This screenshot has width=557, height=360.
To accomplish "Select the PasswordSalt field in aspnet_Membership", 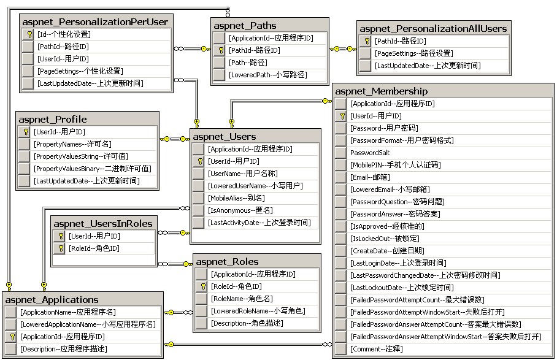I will (x=370, y=153).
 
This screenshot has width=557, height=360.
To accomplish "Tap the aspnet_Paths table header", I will (x=245, y=26).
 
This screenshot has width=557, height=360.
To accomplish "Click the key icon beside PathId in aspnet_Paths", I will (x=219, y=50).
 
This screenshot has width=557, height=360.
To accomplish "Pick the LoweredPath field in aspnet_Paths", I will (x=268, y=75).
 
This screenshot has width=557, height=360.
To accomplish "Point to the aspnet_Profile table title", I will (x=53, y=119).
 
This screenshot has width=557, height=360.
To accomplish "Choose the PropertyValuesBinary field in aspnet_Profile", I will (x=92, y=169).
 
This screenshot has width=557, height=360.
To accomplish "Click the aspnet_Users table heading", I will (x=224, y=136).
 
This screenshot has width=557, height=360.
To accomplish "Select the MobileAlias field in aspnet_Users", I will (x=236, y=198).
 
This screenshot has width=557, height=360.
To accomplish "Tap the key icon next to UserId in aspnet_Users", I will (x=198, y=161).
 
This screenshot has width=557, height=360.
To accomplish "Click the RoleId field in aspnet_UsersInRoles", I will (x=94, y=248).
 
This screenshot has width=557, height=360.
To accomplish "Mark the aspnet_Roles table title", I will (x=227, y=262).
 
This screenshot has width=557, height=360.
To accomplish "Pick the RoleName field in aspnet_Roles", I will (x=241, y=299).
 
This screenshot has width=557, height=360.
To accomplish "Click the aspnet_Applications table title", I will (x=52, y=300).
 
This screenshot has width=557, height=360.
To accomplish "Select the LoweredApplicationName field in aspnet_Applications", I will (x=88, y=324).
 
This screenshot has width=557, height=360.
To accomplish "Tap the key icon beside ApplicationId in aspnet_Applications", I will (x=10, y=337).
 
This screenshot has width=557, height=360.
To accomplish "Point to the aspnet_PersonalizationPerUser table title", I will (x=95, y=22).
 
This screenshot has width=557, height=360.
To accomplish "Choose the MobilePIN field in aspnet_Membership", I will (x=395, y=165).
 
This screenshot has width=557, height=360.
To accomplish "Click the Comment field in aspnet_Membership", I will (x=376, y=349).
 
